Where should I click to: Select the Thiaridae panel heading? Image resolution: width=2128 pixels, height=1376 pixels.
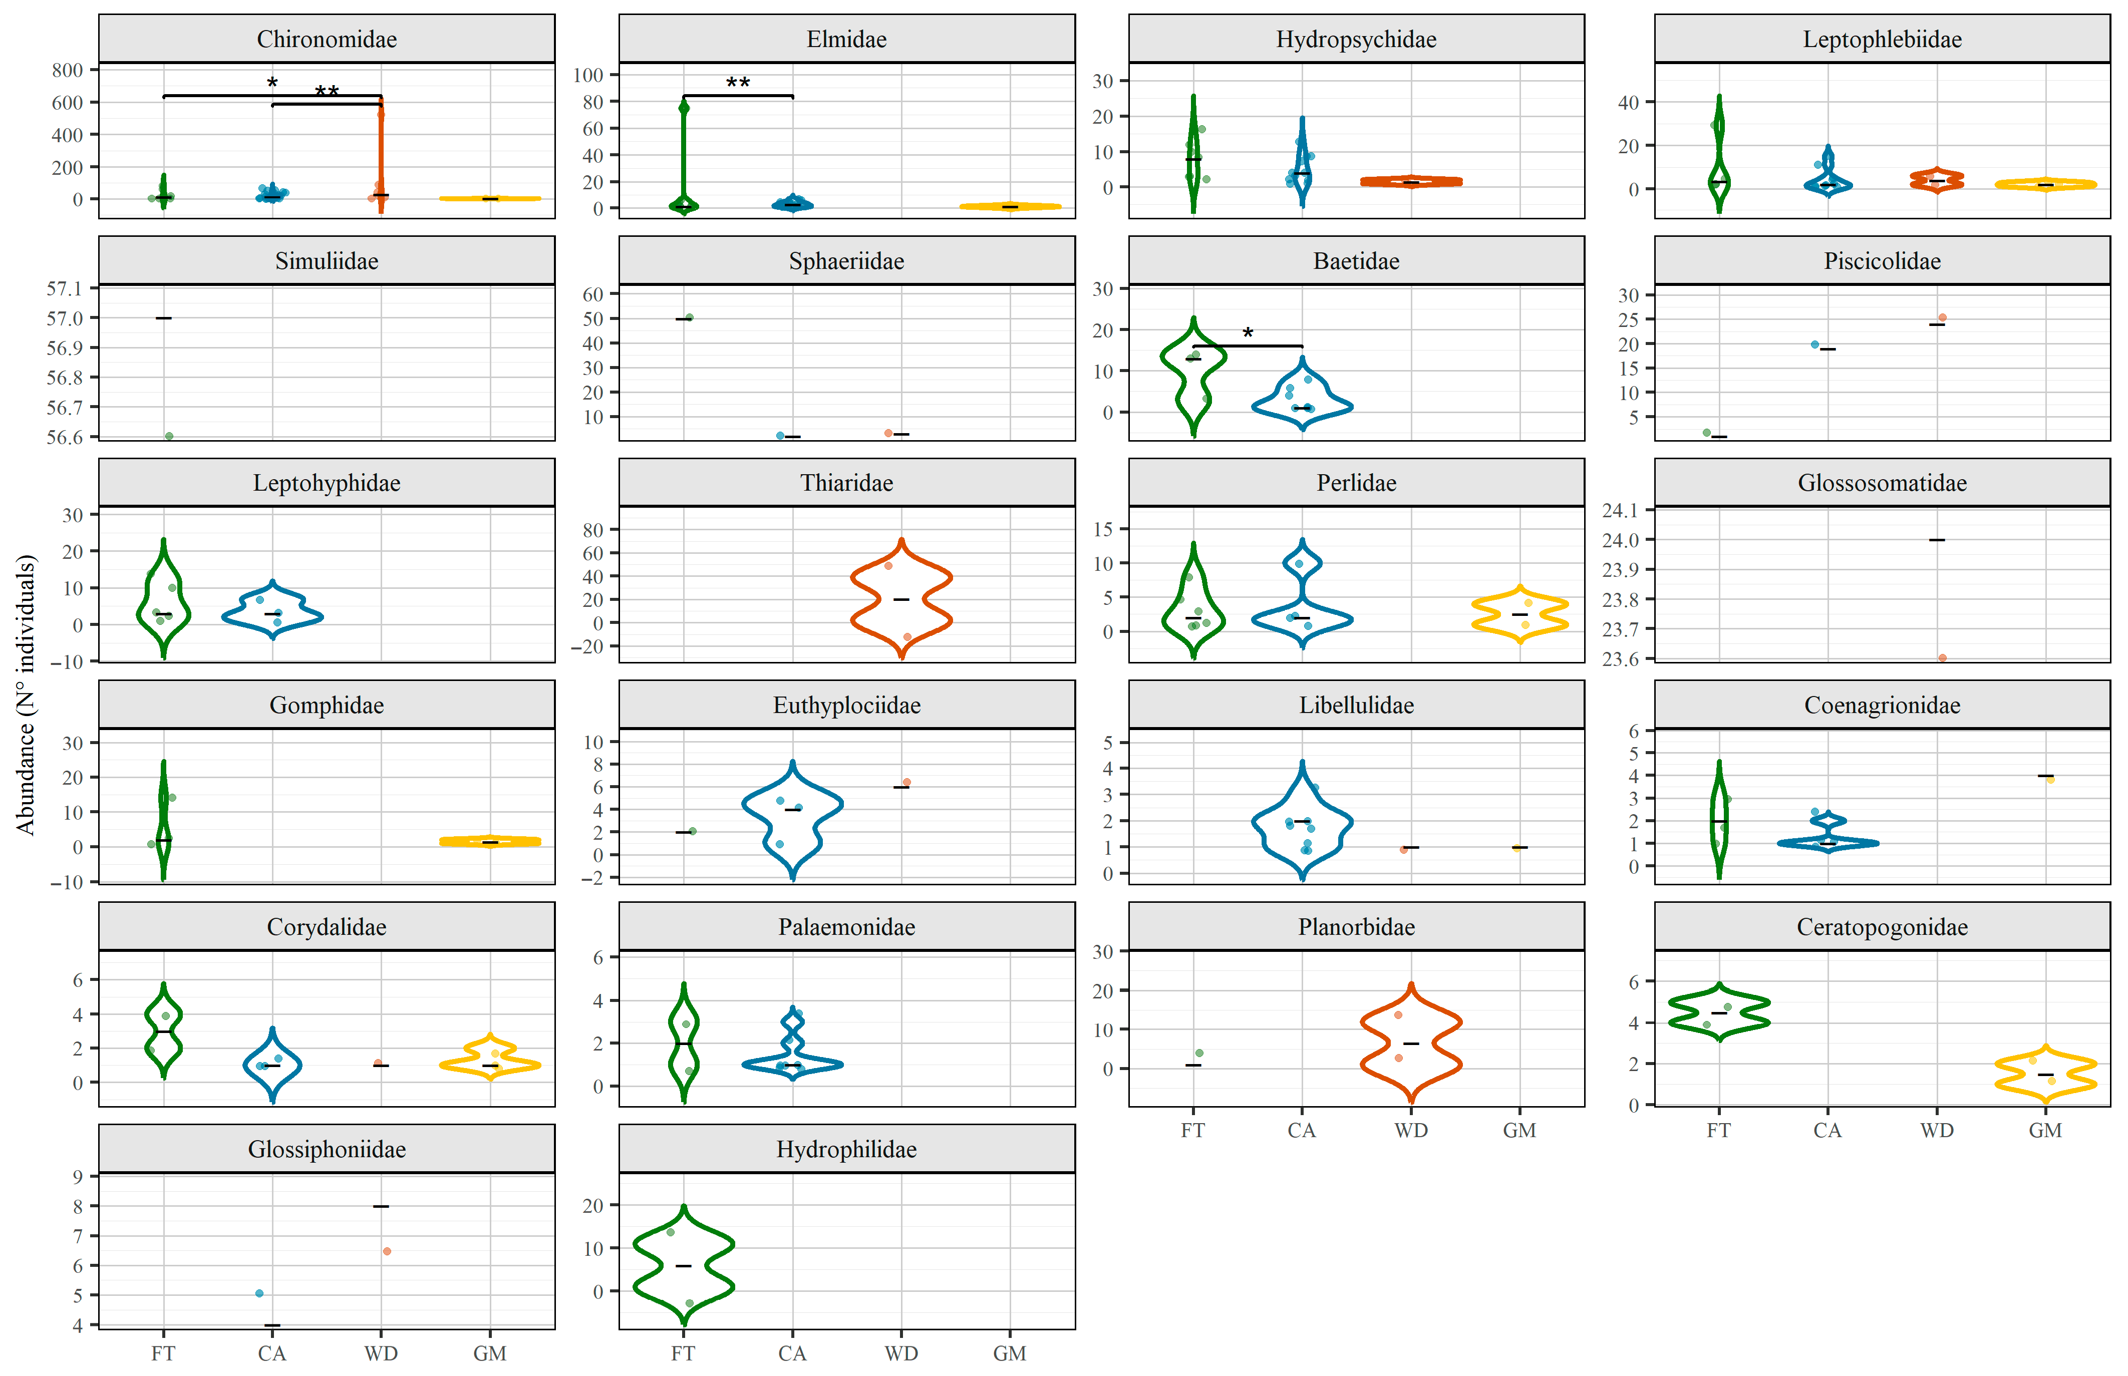pos(846,483)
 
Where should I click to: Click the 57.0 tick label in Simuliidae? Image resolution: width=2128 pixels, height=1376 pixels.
pos(64,318)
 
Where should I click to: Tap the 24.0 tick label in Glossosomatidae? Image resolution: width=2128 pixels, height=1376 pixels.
pos(1620,540)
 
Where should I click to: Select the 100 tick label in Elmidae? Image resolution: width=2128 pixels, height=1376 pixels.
pos(588,75)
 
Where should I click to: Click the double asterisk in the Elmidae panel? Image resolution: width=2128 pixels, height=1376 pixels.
pos(737,84)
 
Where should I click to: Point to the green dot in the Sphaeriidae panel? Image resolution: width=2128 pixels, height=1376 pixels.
pos(689,317)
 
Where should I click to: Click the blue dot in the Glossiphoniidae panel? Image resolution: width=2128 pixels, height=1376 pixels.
pos(259,1293)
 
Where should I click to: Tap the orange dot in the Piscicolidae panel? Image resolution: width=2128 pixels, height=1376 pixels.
pos(1942,317)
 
